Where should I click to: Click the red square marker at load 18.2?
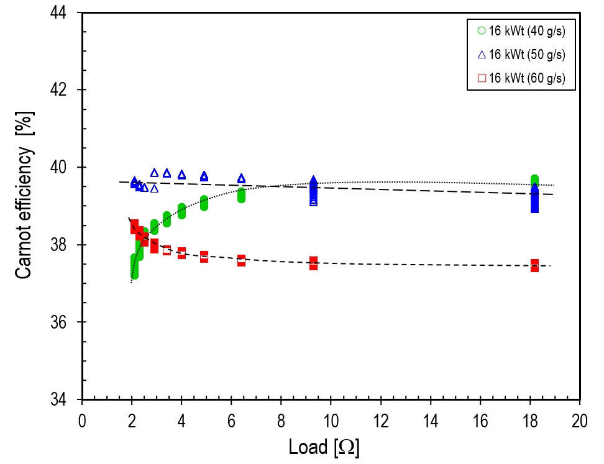(x=534, y=265)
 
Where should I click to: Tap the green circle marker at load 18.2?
(x=534, y=180)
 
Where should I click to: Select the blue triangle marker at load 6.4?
(x=241, y=179)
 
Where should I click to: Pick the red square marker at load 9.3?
(x=313, y=263)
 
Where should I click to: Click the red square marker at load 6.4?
(x=241, y=261)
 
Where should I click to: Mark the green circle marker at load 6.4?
(x=241, y=195)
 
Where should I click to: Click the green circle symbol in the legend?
(x=481, y=30)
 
